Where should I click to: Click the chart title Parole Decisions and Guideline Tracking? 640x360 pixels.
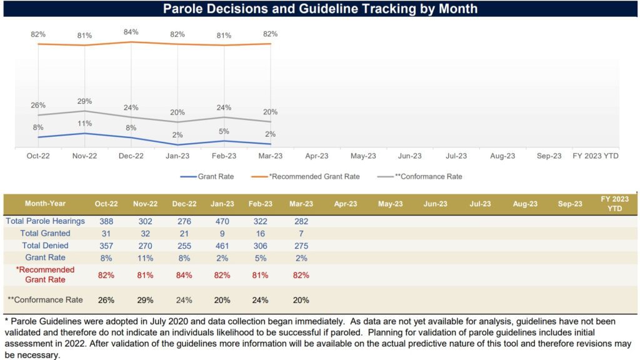320,9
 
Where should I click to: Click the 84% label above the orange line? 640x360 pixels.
131,32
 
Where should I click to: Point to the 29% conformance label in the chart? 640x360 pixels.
85,101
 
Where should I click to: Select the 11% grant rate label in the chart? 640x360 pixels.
85,123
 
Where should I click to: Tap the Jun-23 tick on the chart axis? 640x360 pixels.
409,156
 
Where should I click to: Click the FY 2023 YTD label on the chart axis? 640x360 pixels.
596,156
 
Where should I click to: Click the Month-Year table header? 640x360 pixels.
45,204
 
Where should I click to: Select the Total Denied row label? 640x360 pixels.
45,246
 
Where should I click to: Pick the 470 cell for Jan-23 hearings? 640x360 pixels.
222,221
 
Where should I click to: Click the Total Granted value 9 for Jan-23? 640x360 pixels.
222,233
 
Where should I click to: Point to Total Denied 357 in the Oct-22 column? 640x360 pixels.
106,246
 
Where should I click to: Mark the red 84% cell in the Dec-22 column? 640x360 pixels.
184,275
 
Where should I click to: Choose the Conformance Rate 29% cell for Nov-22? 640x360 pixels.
145,300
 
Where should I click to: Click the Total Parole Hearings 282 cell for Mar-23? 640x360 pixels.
301,221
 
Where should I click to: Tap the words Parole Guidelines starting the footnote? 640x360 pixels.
37,321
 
